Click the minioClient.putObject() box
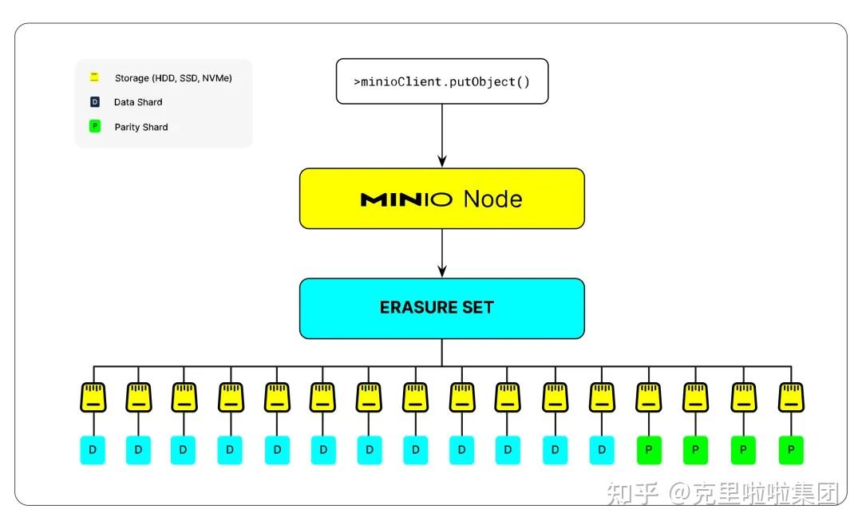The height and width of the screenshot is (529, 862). pos(441,81)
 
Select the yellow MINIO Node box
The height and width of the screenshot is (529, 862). pos(441,199)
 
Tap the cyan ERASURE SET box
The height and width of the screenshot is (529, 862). pos(441,308)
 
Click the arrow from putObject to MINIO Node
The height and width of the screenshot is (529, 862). pos(441,136)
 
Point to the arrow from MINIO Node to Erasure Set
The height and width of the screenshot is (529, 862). pos(441,253)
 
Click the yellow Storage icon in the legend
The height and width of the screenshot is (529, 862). pos(94,77)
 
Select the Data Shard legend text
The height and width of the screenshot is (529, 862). pos(138,102)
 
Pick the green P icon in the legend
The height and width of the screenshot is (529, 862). pos(94,126)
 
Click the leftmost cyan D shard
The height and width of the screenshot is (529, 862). pos(93,451)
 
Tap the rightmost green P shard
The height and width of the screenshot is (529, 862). pos(791,451)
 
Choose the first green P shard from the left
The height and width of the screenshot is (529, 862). pos(648,451)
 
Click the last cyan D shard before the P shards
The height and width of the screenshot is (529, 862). pos(602,451)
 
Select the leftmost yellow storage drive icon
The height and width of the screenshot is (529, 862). pos(93,397)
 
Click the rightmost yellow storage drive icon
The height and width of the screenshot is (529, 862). pos(791,397)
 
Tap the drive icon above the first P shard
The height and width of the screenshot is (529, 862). pos(648,397)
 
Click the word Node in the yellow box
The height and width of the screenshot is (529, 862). pos(492,199)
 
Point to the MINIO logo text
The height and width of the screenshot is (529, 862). pos(407,199)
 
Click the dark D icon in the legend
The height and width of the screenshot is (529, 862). pos(94,102)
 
